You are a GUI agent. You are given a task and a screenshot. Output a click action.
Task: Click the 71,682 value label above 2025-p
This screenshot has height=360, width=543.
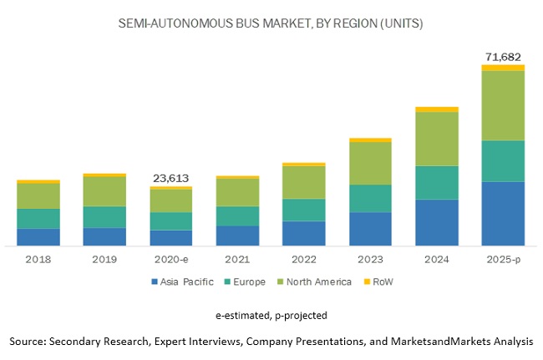tap(503, 56)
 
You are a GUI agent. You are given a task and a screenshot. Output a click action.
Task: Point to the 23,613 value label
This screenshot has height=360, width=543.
tap(170, 178)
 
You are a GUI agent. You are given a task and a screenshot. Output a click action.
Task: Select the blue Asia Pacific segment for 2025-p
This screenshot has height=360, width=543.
tap(503, 213)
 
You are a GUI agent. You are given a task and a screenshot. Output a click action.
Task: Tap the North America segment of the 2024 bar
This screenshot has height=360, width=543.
tap(437, 139)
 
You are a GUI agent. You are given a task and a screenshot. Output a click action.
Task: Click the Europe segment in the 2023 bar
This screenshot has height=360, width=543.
tap(370, 198)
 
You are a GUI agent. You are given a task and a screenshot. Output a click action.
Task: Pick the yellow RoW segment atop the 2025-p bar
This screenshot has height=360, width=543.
tap(503, 68)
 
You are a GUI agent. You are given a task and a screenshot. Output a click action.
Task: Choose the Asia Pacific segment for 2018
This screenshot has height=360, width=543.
tap(38, 236)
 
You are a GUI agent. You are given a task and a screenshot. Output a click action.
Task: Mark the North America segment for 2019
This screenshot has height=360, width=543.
tap(104, 191)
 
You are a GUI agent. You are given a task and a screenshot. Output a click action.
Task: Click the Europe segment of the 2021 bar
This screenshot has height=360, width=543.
tap(237, 215)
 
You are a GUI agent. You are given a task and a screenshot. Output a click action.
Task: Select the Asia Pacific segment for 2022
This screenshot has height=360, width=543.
tap(304, 233)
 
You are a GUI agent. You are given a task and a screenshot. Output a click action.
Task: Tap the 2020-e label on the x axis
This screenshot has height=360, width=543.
tap(170, 259)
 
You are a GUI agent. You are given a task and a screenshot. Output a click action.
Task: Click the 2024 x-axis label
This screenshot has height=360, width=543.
tap(437, 259)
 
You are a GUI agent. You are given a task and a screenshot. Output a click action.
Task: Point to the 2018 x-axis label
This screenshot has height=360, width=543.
tap(38, 259)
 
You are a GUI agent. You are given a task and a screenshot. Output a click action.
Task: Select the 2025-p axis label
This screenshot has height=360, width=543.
tap(503, 259)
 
